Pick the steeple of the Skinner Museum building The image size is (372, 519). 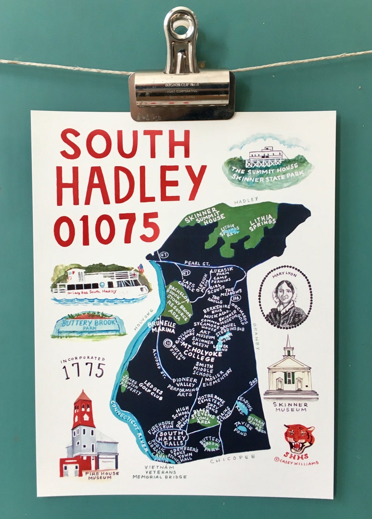point(289,346)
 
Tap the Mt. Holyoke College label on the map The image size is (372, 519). point(196,351)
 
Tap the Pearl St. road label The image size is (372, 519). point(197,263)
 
